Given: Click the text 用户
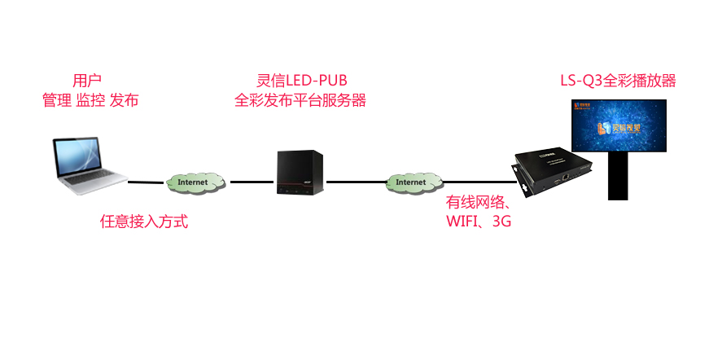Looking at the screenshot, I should (87, 81).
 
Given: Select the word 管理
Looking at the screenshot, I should (56, 101).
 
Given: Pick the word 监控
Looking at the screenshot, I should (90, 101).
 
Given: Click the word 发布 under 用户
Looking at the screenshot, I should (124, 101).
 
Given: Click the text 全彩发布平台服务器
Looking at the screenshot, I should (300, 101).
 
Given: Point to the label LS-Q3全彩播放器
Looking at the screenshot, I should (618, 81).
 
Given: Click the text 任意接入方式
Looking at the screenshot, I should (144, 221).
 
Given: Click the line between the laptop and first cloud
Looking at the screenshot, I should (147, 182).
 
